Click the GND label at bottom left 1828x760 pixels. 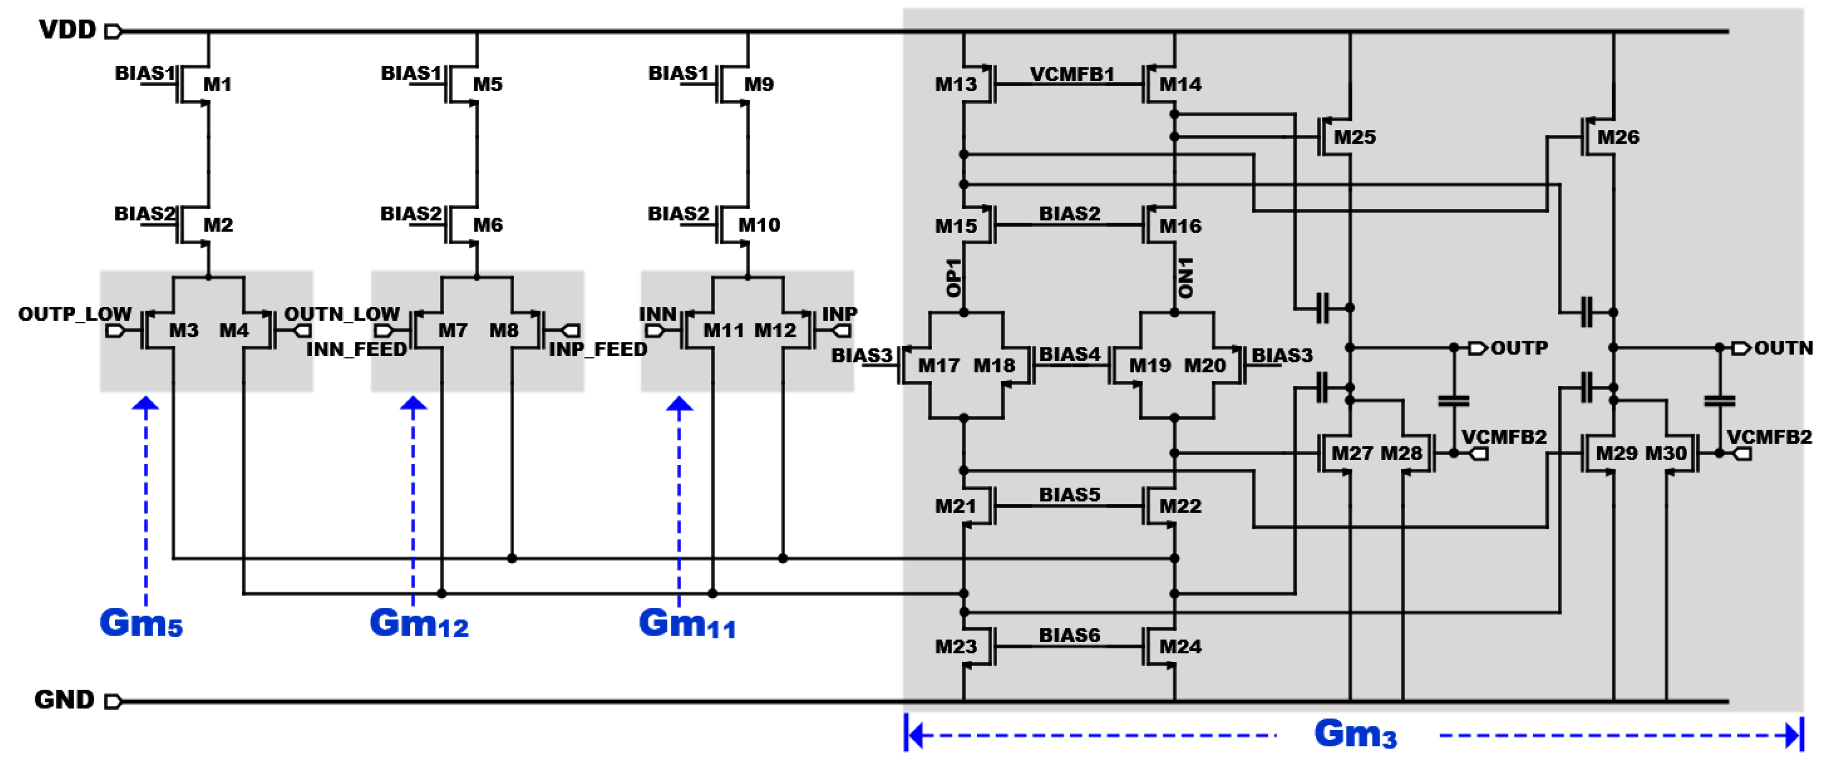pos(64,700)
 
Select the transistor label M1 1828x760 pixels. pos(217,84)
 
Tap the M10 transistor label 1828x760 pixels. pos(759,225)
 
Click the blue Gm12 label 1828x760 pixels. pos(419,623)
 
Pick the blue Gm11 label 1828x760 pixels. pos(687,623)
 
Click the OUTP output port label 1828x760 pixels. pos(1519,348)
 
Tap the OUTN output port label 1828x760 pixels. pos(1782,348)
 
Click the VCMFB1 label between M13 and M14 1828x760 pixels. pos(1071,74)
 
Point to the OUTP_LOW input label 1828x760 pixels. pos(75,314)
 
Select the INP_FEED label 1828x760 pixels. pos(597,349)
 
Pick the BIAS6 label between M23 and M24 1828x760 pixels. pos(1069,635)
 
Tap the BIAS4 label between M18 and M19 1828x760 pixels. pos(1069,354)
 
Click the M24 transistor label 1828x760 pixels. pos(1180,647)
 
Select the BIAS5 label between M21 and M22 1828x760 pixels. pos(1069,495)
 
